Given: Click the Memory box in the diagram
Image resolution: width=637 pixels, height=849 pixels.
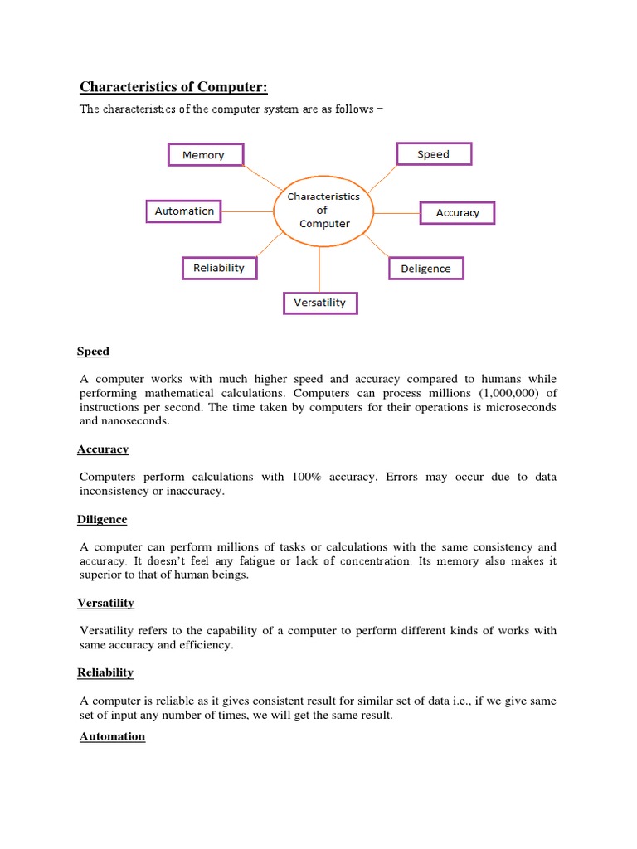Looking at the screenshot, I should (x=203, y=155).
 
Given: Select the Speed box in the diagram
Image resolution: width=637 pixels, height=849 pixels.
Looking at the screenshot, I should (x=433, y=154).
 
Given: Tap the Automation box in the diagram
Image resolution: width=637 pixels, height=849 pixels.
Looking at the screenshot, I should (x=184, y=211).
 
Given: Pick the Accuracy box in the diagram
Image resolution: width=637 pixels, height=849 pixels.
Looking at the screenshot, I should (x=457, y=213).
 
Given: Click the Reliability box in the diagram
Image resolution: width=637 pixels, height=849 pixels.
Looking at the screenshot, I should (x=219, y=268).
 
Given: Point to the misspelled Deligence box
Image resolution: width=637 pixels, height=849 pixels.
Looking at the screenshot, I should (x=425, y=269).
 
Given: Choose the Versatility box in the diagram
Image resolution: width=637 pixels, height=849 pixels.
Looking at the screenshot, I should (x=319, y=303).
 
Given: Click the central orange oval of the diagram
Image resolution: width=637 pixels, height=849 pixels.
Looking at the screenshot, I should (x=323, y=211).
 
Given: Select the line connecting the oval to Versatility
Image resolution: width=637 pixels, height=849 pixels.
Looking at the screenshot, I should (x=319, y=269).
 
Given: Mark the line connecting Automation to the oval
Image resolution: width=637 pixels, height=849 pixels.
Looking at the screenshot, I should (x=248, y=211).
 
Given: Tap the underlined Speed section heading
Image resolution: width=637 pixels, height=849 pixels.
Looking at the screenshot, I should (x=93, y=352).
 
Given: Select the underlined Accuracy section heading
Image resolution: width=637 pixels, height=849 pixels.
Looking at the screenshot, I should (x=103, y=449).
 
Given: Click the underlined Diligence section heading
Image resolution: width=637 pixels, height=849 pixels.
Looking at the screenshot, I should (x=102, y=519).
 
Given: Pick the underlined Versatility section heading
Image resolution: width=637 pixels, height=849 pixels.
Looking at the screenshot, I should (x=105, y=603).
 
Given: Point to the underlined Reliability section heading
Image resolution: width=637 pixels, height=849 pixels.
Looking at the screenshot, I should (x=105, y=672).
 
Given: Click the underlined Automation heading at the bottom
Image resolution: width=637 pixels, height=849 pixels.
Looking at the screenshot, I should (x=112, y=736).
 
